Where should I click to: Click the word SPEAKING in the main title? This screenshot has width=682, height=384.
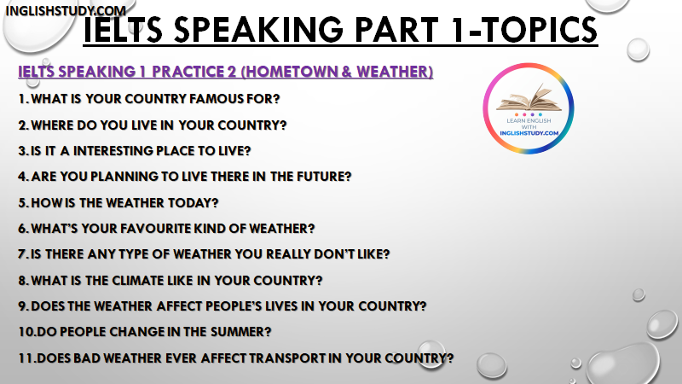[259, 30]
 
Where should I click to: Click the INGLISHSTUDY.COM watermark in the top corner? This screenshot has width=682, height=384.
[66, 10]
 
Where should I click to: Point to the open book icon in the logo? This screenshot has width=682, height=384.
[529, 98]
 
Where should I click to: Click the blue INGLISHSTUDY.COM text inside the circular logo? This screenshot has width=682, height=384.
[529, 133]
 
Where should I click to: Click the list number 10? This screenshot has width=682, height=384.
[26, 332]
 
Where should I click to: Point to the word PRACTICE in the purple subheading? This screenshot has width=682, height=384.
[188, 72]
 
